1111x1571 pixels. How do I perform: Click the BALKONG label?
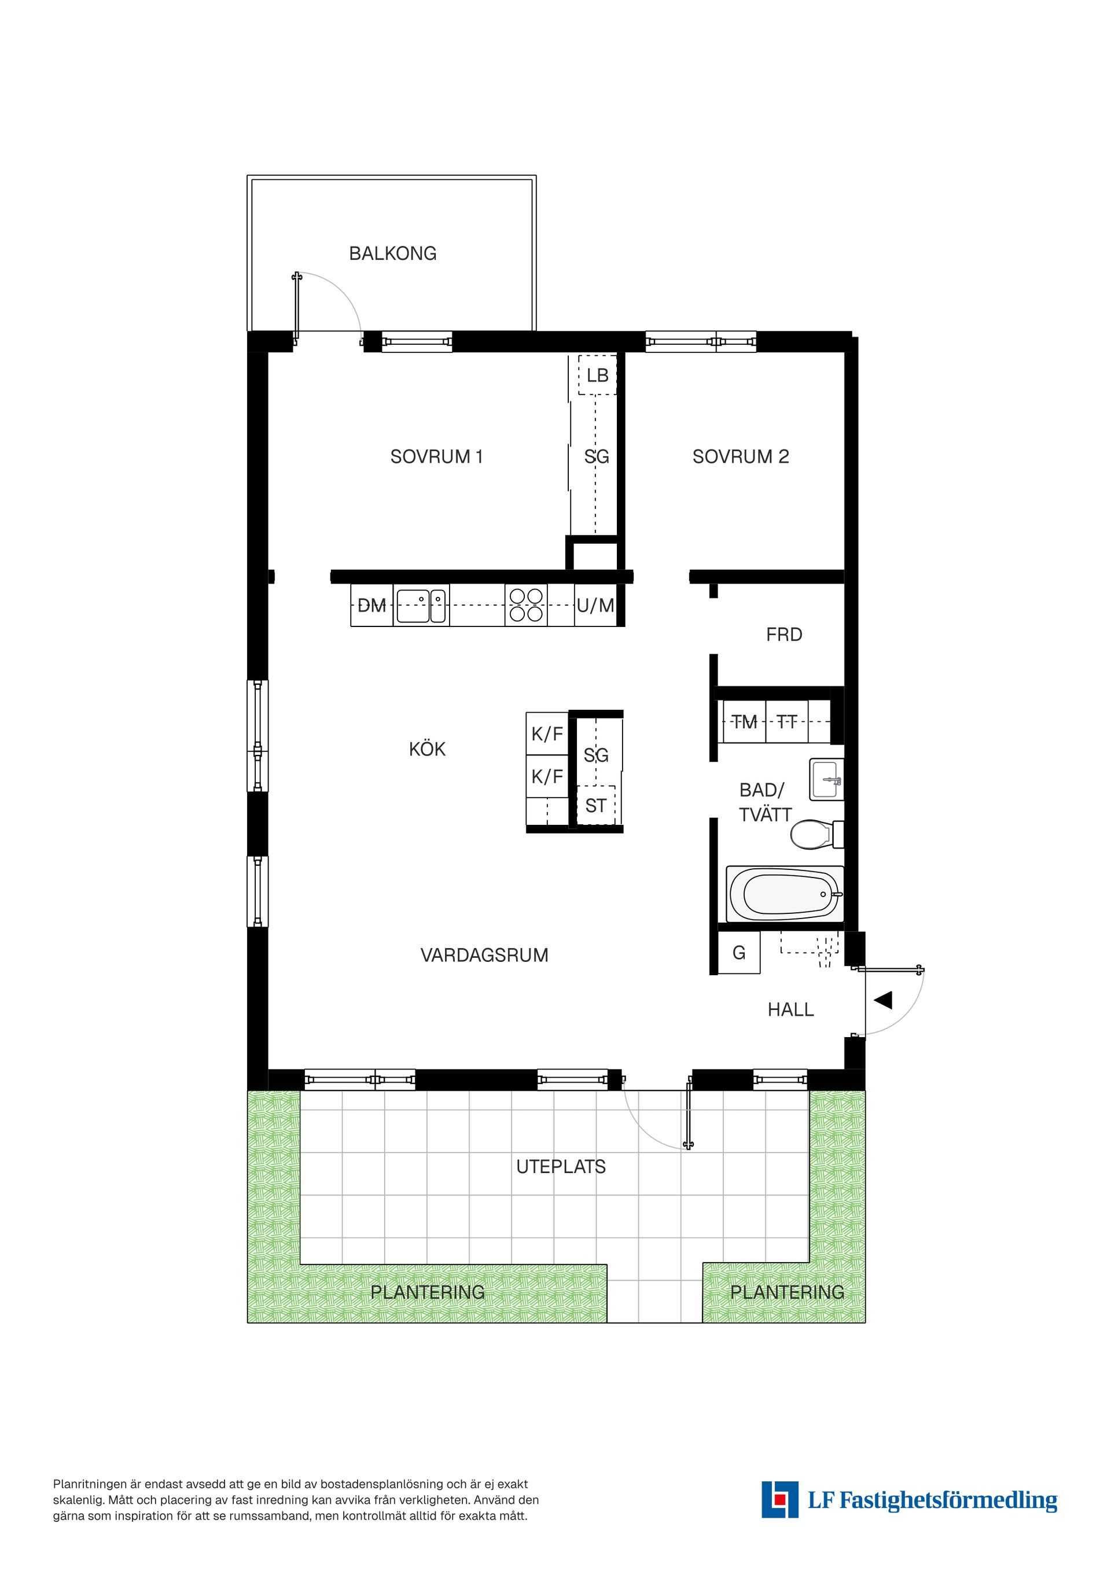[x=392, y=253]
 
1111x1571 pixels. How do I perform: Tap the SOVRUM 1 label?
[x=437, y=456]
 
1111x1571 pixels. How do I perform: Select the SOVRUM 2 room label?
[x=741, y=456]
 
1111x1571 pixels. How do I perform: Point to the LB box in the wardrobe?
[x=597, y=375]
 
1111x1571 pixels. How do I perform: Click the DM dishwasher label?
[x=371, y=605]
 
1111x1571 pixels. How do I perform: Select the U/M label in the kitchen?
[x=595, y=605]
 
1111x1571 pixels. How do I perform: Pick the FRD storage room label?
[x=784, y=635]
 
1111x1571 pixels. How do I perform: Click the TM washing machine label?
[x=744, y=721]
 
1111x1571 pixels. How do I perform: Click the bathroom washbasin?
[x=826, y=779]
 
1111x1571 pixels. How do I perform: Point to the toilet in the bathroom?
[x=812, y=835]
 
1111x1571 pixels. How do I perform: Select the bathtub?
[x=784, y=894]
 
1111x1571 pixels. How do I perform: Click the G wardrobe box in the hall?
[x=738, y=953]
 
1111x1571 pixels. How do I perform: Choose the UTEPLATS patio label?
[x=561, y=1167]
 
